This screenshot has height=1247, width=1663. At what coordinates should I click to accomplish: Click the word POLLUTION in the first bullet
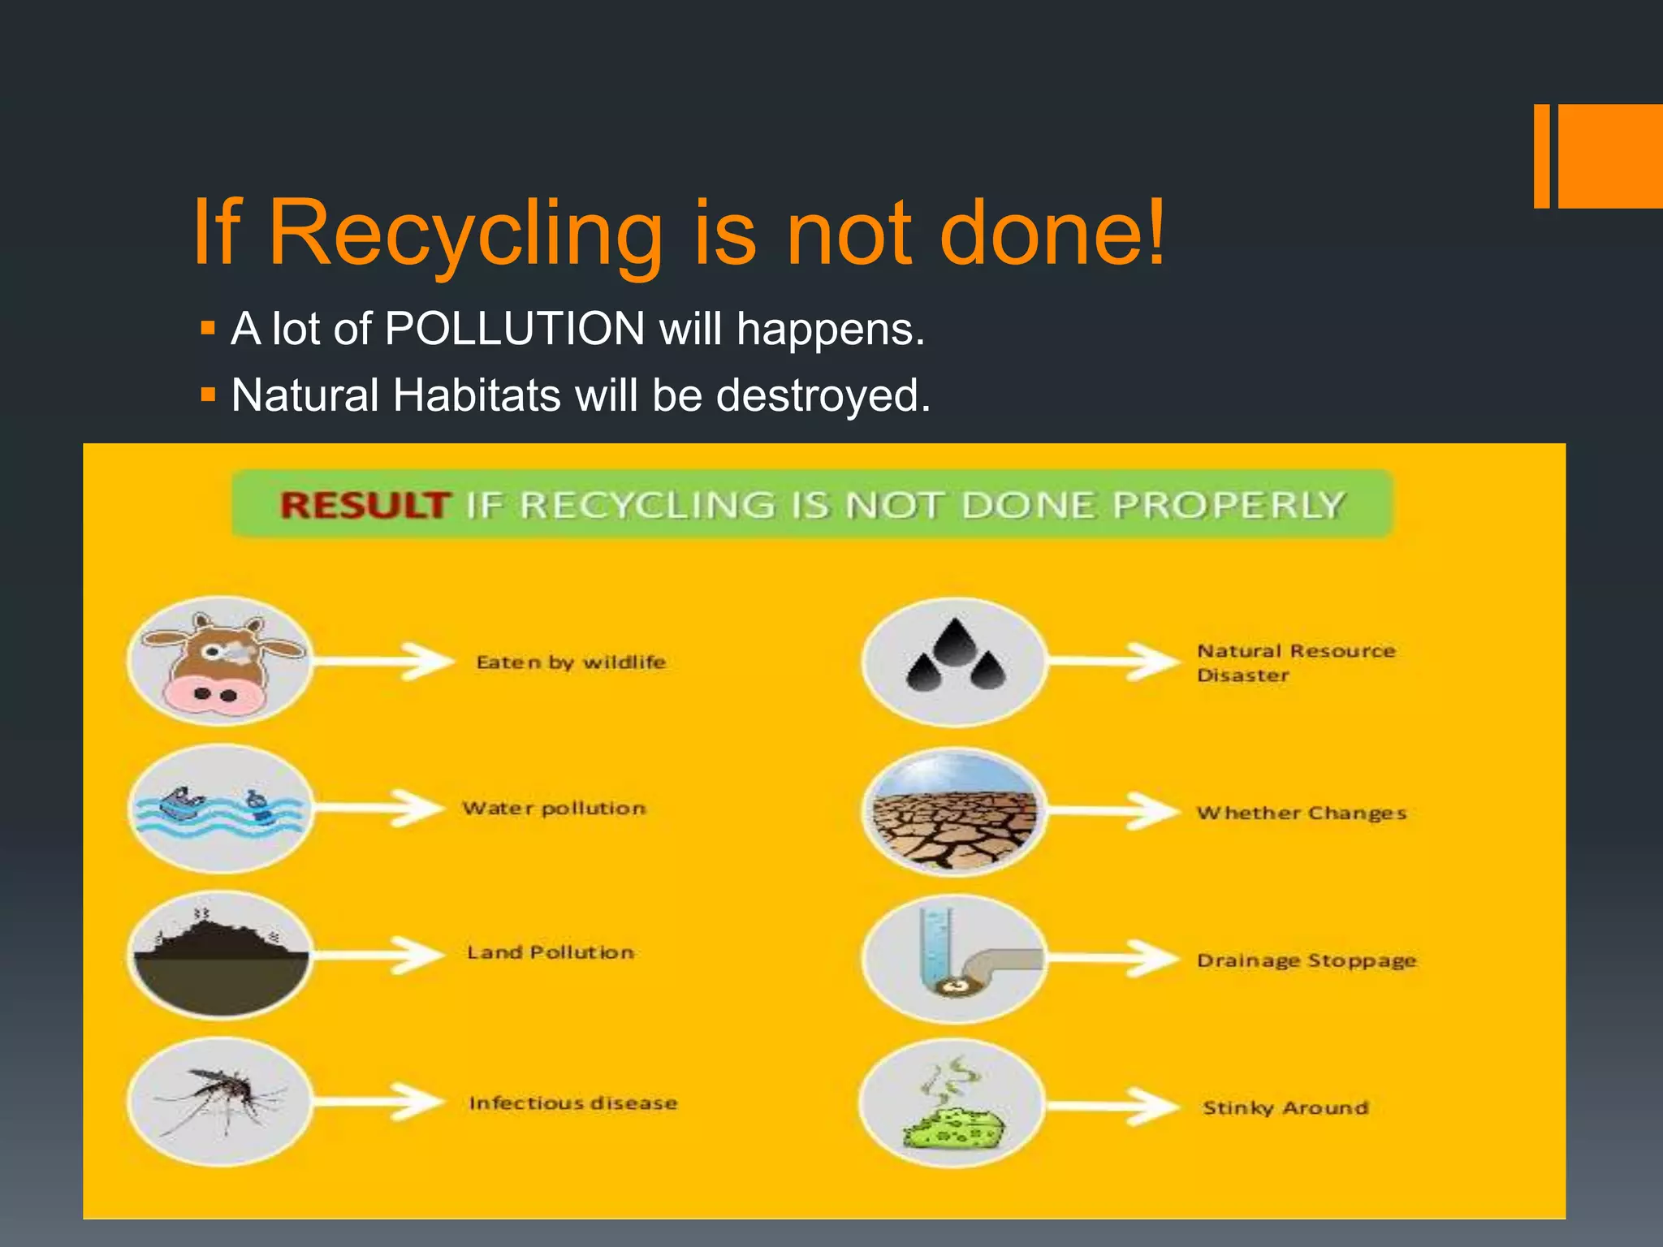pyautogui.click(x=515, y=329)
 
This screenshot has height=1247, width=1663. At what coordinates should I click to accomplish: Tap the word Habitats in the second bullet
pyautogui.click(x=477, y=395)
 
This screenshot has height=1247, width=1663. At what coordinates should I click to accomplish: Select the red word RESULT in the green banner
pyautogui.click(x=363, y=505)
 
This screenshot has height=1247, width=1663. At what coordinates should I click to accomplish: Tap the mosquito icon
pyautogui.click(x=220, y=1102)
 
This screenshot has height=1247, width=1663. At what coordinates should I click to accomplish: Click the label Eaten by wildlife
pyautogui.click(x=571, y=662)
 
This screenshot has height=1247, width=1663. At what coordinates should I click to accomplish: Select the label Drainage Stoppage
pyautogui.click(x=1306, y=961)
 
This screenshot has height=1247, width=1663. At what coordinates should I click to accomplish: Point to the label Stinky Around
pyautogui.click(x=1285, y=1108)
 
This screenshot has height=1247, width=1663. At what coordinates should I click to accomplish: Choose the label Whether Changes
pyautogui.click(x=1301, y=813)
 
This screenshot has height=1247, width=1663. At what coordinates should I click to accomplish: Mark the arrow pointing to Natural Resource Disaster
pyautogui.click(x=1112, y=661)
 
